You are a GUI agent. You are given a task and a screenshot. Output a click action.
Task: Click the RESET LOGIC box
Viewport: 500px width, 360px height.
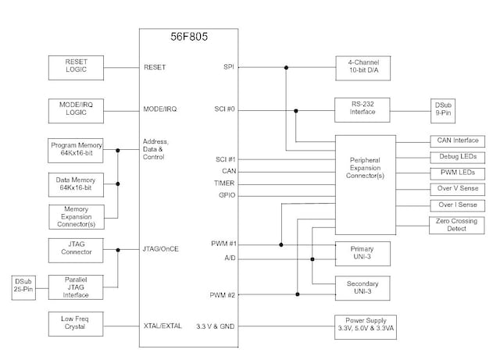75,67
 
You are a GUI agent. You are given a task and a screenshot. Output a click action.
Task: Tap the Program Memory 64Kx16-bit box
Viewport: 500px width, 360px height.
75,150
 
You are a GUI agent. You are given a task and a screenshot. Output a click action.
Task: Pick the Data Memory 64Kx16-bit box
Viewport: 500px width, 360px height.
75,184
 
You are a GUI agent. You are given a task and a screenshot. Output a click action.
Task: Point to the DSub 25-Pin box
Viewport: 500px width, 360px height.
21,287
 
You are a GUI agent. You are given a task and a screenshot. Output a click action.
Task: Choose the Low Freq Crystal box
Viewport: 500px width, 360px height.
75,324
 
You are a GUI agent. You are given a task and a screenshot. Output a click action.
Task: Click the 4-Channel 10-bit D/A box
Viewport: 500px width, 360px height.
362,67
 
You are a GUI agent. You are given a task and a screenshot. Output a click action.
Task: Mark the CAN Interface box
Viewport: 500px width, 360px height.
453,141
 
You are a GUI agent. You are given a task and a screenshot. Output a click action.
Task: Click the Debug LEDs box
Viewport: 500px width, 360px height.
453,156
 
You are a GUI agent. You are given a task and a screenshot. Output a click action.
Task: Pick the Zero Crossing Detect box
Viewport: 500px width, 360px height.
453,225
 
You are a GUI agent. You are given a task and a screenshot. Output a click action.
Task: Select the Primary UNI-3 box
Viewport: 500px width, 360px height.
362,253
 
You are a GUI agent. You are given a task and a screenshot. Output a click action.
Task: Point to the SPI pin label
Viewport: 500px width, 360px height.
229,67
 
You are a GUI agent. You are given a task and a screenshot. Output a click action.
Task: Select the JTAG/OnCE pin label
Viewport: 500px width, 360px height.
161,250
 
